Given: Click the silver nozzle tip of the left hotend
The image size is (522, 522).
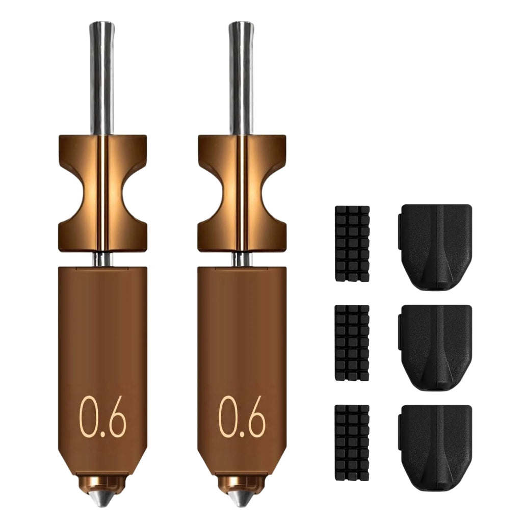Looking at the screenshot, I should [x=103, y=497].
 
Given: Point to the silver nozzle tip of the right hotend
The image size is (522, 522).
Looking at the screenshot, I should [x=242, y=497].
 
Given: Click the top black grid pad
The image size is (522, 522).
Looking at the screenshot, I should [x=352, y=243].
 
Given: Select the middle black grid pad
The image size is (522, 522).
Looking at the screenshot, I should [x=352, y=343].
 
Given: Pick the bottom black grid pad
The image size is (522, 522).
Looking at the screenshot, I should [x=352, y=442].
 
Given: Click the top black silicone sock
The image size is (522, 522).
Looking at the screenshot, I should [x=435, y=247].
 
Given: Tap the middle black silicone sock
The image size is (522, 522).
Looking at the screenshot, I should [x=435, y=347].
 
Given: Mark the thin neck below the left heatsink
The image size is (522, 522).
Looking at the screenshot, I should [x=102, y=259].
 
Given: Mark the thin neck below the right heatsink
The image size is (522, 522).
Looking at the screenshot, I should [x=242, y=259].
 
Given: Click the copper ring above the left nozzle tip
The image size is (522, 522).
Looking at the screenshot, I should [x=103, y=482].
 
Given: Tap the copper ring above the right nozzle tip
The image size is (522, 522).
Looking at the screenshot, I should [x=242, y=482].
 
